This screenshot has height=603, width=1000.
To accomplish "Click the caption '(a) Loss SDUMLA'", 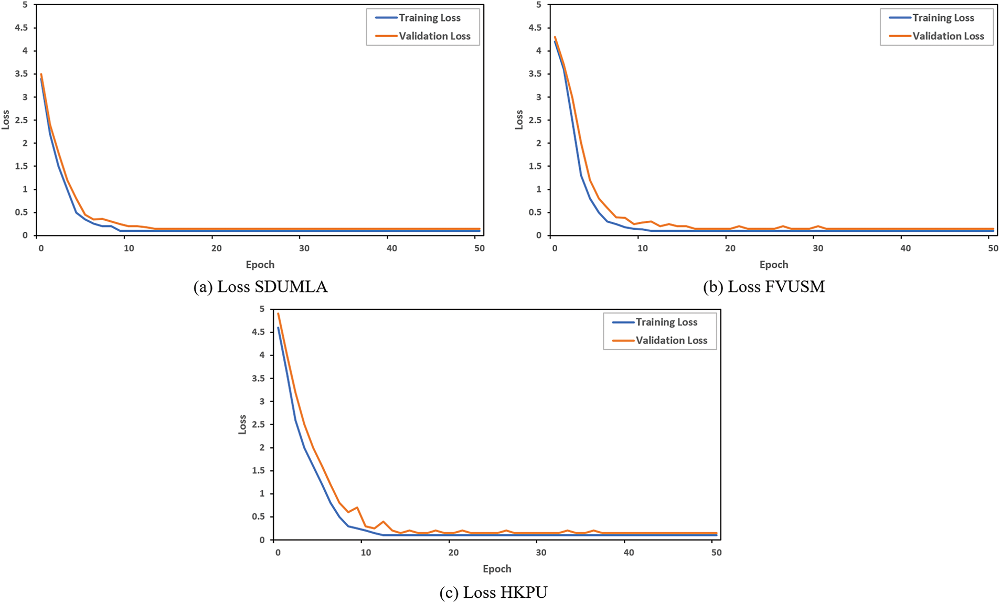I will (260, 287).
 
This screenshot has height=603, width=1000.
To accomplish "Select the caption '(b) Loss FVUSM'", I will (764, 287).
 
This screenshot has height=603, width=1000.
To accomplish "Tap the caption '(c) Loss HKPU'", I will (493, 593).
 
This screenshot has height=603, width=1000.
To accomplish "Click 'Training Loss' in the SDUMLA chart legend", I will (429, 18).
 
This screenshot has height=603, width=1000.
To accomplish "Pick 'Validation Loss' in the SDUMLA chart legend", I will (434, 36).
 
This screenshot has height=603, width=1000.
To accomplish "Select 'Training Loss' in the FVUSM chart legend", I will (943, 18).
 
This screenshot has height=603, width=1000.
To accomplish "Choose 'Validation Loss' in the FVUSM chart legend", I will (948, 36).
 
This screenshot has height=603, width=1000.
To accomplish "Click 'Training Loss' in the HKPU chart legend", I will (666, 322).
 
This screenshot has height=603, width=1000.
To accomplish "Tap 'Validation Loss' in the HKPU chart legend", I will (672, 340).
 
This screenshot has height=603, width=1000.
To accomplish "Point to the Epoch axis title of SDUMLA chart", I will (260, 265).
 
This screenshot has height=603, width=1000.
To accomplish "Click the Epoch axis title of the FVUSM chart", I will (774, 265).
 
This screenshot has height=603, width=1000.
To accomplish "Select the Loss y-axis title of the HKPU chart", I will (242, 424).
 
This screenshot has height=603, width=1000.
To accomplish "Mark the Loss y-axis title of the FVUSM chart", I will (519, 120).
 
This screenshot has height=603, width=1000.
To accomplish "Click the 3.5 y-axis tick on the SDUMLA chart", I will (21, 74).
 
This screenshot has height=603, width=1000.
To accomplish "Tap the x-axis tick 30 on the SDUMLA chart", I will (304, 249).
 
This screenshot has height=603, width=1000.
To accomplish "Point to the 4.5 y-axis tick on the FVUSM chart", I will (535, 28).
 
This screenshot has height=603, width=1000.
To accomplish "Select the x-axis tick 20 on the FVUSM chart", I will (730, 249).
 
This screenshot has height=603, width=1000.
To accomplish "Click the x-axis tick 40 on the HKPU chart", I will (629, 553).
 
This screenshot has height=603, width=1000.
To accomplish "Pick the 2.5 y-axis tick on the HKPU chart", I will (258, 424).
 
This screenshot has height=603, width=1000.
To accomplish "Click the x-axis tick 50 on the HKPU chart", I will (716, 553).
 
